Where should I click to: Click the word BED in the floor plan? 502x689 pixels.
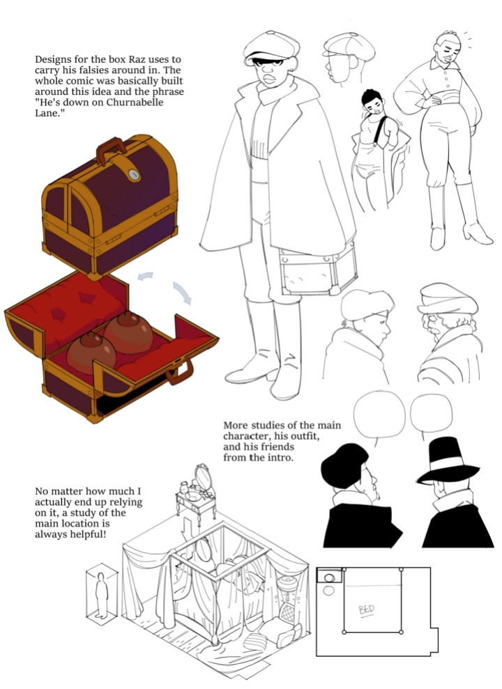pos(367,610)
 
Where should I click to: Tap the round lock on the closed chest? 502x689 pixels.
pos(134,174)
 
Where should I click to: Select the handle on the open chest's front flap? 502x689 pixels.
pos(180,373)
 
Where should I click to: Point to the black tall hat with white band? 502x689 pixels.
pos(448,460)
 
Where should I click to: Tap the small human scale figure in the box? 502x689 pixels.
pos(102,596)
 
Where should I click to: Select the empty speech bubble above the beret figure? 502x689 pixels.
pos(379,415)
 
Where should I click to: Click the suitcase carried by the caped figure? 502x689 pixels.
pos(318,270)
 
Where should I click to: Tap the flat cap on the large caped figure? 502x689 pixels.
pos(271,46)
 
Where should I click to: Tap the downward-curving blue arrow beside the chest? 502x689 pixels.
pos(183,293)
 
